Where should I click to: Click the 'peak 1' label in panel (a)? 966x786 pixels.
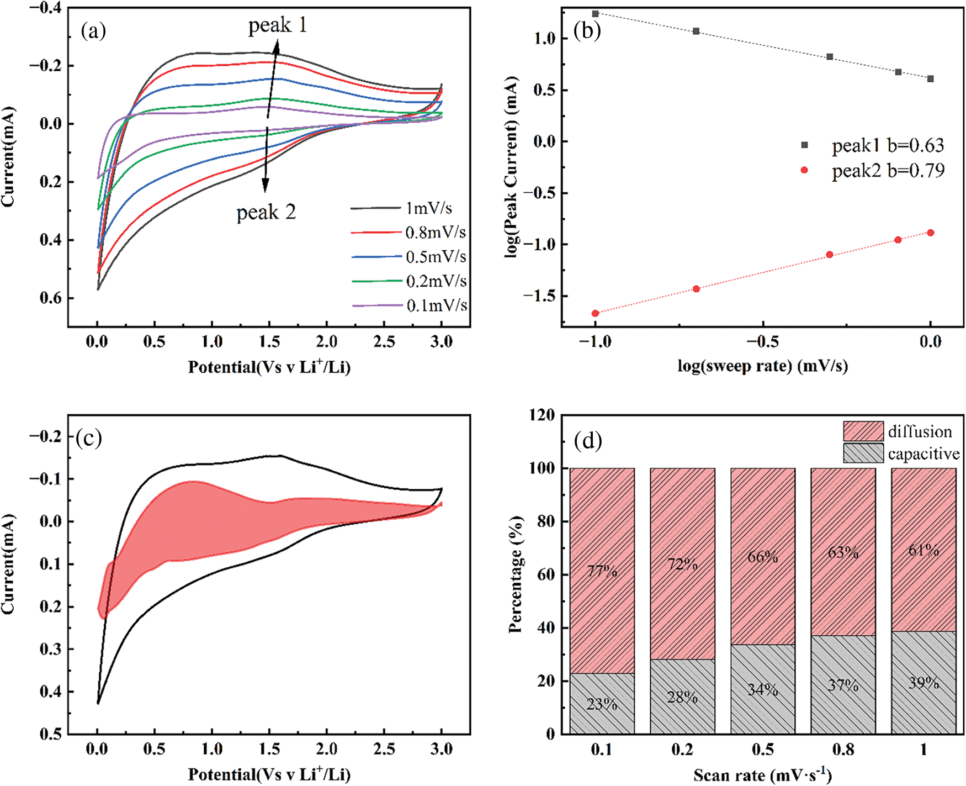[277, 25]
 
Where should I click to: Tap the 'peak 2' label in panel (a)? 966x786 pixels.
[266, 213]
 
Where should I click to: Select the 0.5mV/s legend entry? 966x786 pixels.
[408, 257]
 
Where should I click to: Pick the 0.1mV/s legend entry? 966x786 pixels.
[409, 305]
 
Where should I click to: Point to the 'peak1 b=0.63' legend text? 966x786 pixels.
[888, 145]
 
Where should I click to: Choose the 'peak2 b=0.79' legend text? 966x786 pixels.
[888, 171]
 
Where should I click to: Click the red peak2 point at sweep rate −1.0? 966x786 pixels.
[595, 313]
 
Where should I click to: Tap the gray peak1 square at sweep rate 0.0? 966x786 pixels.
[931, 79]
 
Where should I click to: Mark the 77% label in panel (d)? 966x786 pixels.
[602, 570]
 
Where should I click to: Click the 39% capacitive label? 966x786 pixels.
[923, 683]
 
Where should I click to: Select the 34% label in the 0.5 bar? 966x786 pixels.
[763, 689]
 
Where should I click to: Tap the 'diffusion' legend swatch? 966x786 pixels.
[863, 431]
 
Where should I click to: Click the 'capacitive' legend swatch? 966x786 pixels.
[863, 453]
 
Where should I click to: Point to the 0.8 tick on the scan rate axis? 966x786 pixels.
[843, 750]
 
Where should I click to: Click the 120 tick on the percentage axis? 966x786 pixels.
[542, 415]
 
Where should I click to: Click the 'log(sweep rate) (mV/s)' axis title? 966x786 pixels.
[762, 366]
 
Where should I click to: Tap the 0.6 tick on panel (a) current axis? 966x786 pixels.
[50, 298]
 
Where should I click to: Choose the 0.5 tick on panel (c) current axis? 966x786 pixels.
[50, 734]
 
